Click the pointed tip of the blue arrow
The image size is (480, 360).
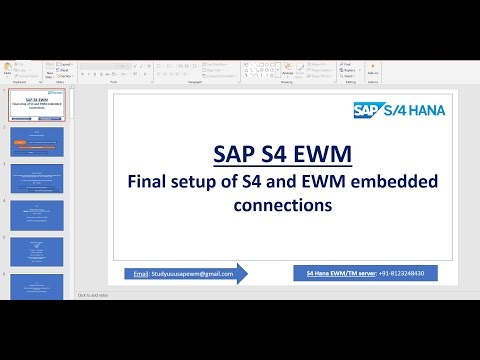point(246,273)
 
